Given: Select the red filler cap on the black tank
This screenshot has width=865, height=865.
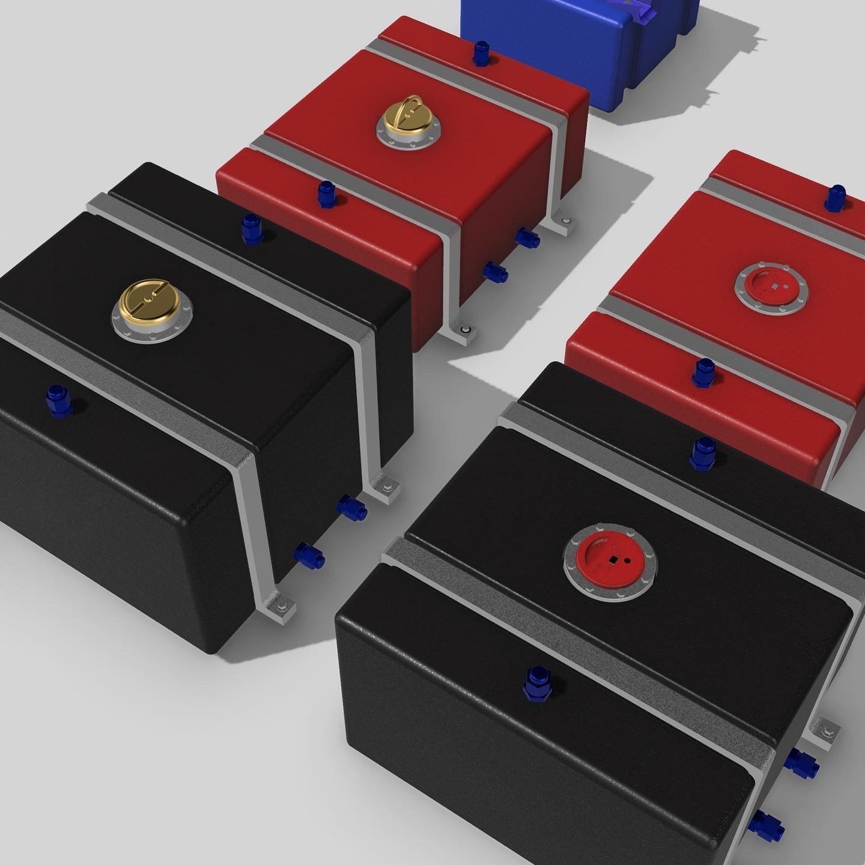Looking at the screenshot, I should [x=610, y=560].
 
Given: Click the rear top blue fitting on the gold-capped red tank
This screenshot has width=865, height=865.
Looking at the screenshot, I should [x=482, y=53].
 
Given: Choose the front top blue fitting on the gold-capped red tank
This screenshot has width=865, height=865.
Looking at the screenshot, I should [x=328, y=193].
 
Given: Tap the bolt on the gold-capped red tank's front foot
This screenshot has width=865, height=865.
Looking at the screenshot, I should [x=466, y=329].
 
